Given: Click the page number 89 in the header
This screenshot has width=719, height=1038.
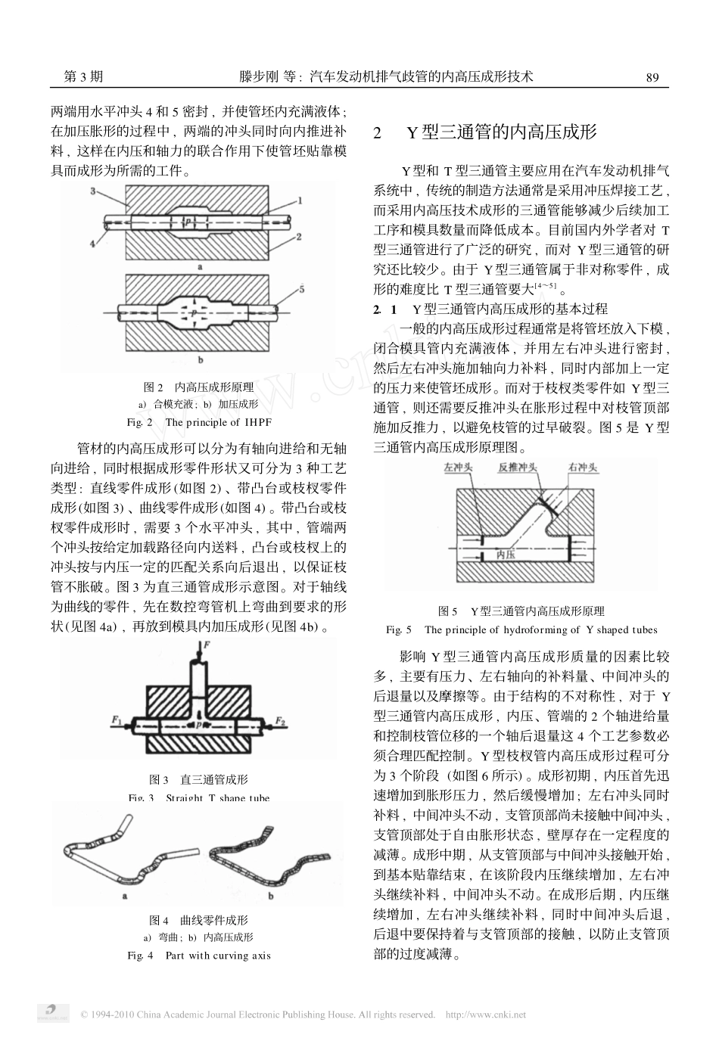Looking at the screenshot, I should pyautogui.click(x=653, y=76).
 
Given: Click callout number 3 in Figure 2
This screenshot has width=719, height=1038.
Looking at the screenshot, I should pyautogui.click(x=92, y=192).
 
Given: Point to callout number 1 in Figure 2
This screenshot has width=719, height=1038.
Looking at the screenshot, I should pyautogui.click(x=300, y=200).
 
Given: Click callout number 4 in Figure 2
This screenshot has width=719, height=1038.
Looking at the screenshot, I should pyautogui.click(x=92, y=244).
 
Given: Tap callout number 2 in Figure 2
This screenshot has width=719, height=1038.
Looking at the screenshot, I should pyautogui.click(x=300, y=237).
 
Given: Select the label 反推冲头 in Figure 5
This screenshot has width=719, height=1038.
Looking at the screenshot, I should pyautogui.click(x=518, y=469).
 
